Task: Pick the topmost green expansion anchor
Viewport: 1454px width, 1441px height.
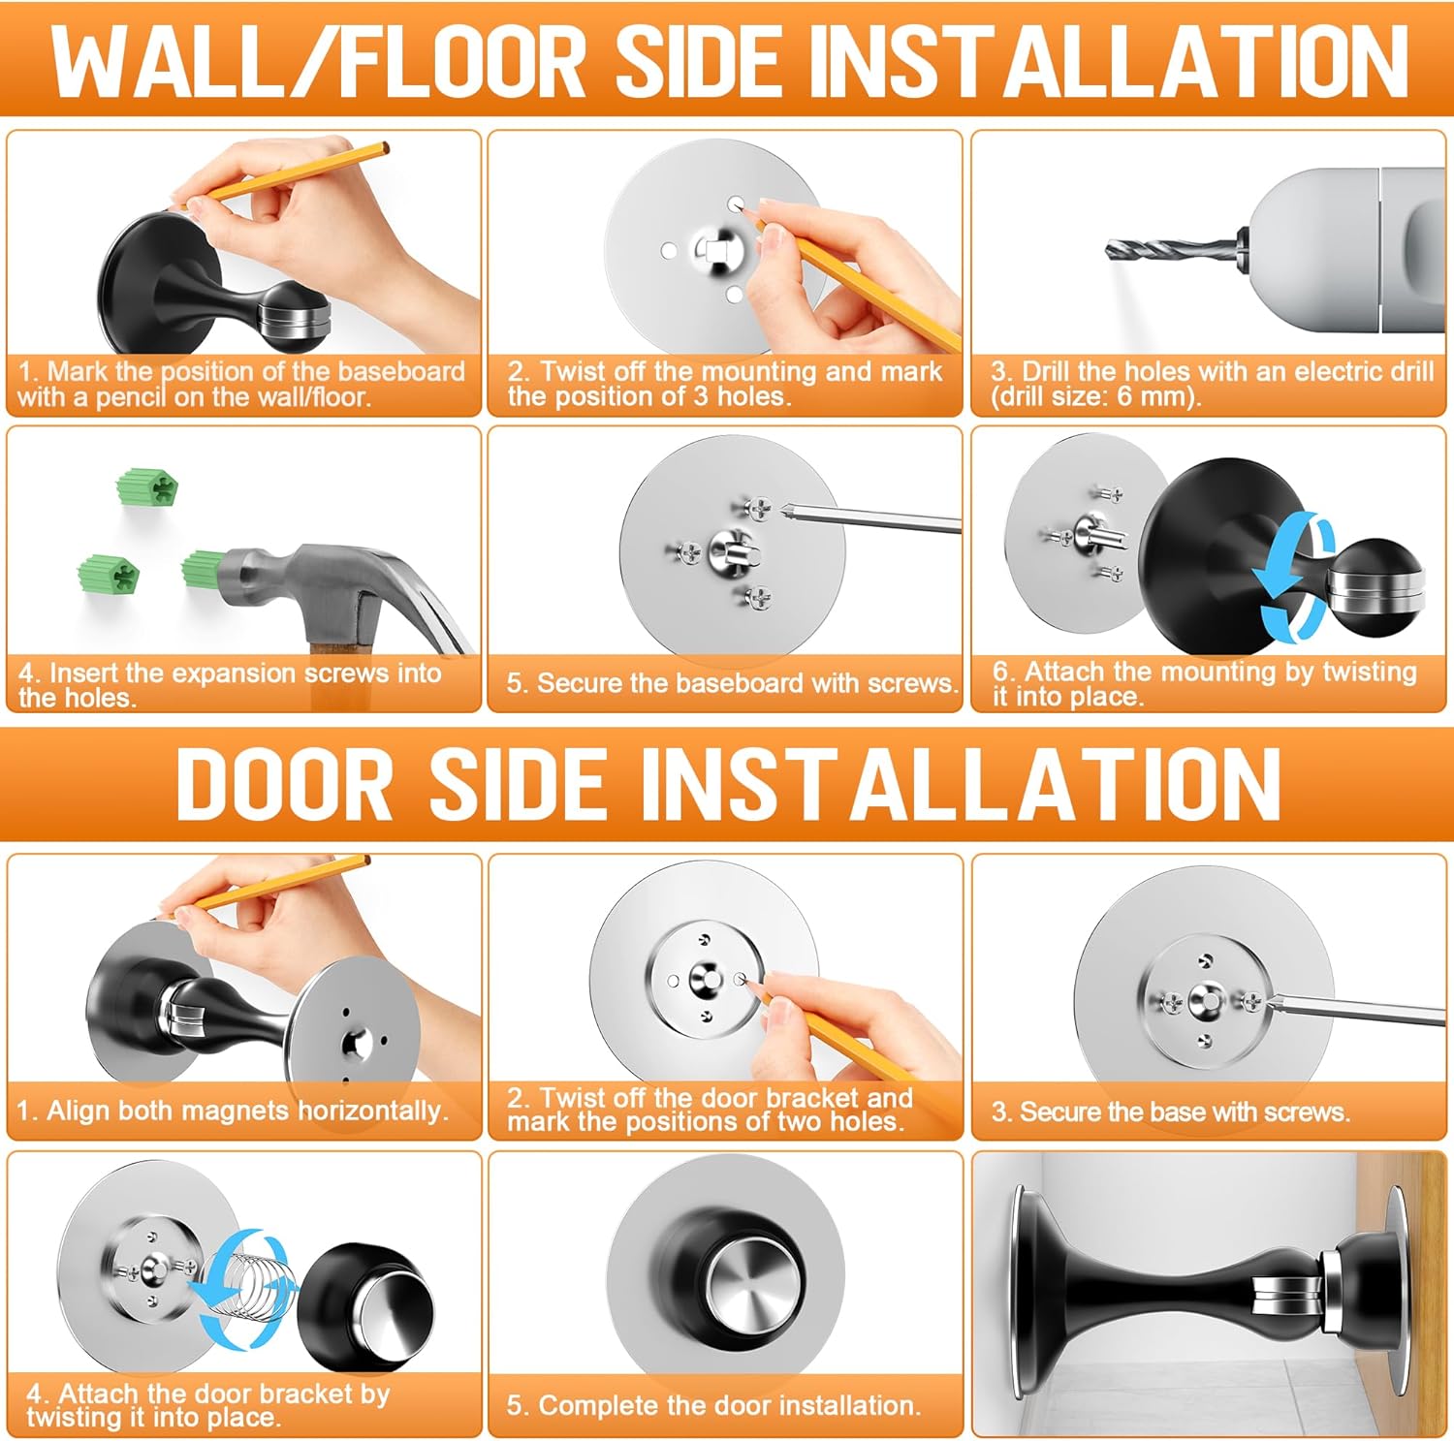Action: pos(147,486)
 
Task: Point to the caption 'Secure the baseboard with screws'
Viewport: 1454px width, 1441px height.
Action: pos(732,683)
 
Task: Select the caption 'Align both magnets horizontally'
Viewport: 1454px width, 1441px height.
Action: pos(233,1111)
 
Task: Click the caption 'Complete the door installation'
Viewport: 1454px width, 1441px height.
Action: pos(713,1405)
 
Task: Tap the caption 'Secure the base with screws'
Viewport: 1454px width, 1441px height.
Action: pos(1171,1112)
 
